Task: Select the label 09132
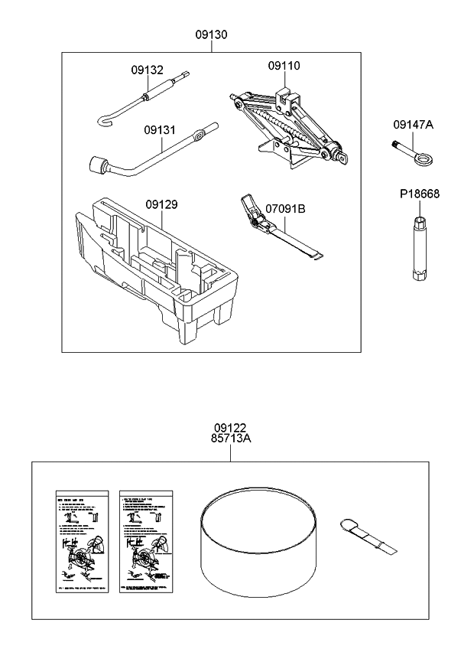tap(147, 69)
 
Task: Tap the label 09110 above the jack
tap(283, 67)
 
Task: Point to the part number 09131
tap(160, 130)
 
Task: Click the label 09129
tap(161, 204)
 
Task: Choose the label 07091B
tap(285, 207)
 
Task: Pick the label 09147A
tap(414, 124)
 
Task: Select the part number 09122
tap(230, 429)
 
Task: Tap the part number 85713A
tap(230, 439)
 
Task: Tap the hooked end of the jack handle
tap(106, 119)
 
